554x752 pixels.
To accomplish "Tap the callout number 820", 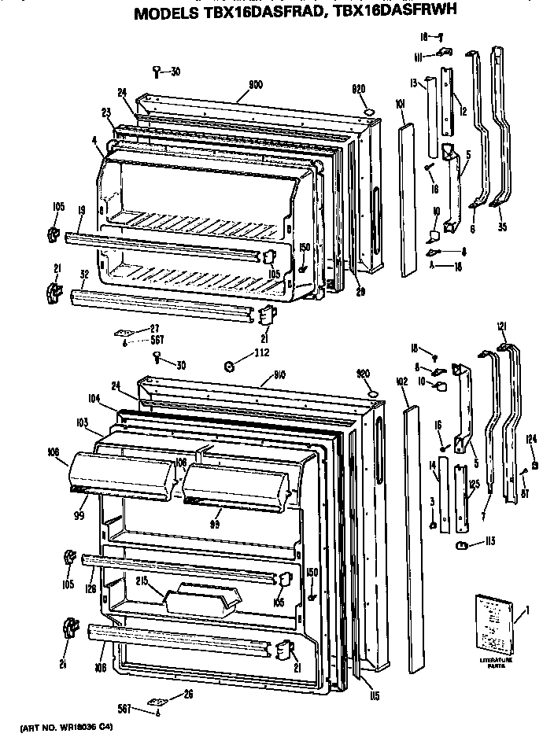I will (x=360, y=90).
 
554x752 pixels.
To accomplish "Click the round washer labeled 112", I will (x=229, y=365).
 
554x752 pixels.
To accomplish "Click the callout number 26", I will (x=187, y=694).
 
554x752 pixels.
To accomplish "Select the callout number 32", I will (x=84, y=275).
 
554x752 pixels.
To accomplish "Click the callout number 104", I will (x=94, y=400).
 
